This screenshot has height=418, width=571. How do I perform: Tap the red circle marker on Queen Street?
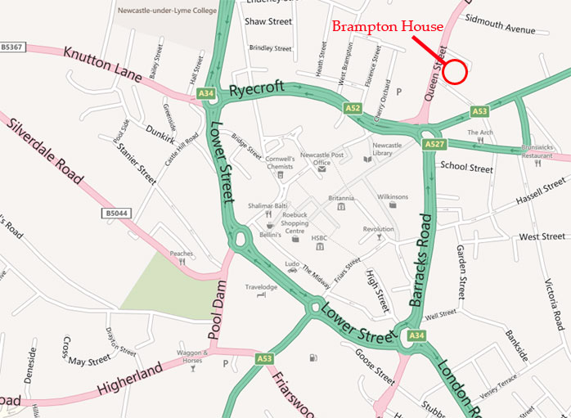coord(456,72)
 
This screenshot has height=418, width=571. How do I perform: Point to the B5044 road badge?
coord(117,213)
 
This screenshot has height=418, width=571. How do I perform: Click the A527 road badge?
coord(434,145)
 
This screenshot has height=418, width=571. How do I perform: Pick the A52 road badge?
coord(353,107)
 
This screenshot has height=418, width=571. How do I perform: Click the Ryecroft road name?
coord(257,88)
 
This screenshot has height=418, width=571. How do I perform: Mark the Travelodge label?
coord(261,287)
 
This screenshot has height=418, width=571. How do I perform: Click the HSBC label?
coord(319,238)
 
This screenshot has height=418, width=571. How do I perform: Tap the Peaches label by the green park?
coord(182,254)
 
